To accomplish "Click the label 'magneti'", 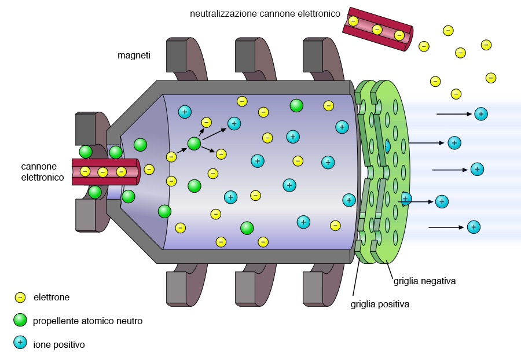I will click(x=134, y=56).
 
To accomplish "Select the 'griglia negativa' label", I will click(x=424, y=281).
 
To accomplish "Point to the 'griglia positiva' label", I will click(x=380, y=303).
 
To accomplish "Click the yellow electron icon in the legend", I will click(x=20, y=297).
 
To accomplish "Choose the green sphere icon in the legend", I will click(x=20, y=320).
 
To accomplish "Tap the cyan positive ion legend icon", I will click(x=20, y=343).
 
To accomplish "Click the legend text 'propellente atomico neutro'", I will click(x=87, y=321).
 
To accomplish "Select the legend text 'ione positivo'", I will click(x=58, y=344).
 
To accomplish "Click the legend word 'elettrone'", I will click(x=52, y=297).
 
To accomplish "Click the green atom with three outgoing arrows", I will click(x=194, y=144).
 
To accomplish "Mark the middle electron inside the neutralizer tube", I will click(x=377, y=30).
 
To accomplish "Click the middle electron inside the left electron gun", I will click(x=102, y=172).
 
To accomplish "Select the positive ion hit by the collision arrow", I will click(x=234, y=123).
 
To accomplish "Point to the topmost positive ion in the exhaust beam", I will click(x=480, y=114).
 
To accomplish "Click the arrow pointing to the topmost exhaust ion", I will click(x=454, y=114).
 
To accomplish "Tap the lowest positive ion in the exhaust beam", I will click(x=474, y=227).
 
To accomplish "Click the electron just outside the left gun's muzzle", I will click(x=149, y=170).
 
